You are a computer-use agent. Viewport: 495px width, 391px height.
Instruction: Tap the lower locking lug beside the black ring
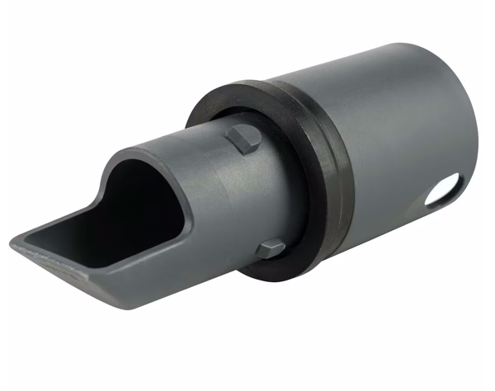269,249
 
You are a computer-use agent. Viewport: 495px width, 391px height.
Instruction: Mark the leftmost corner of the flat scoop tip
14,242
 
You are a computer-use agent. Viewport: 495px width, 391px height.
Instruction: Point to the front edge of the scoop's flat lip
66,272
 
